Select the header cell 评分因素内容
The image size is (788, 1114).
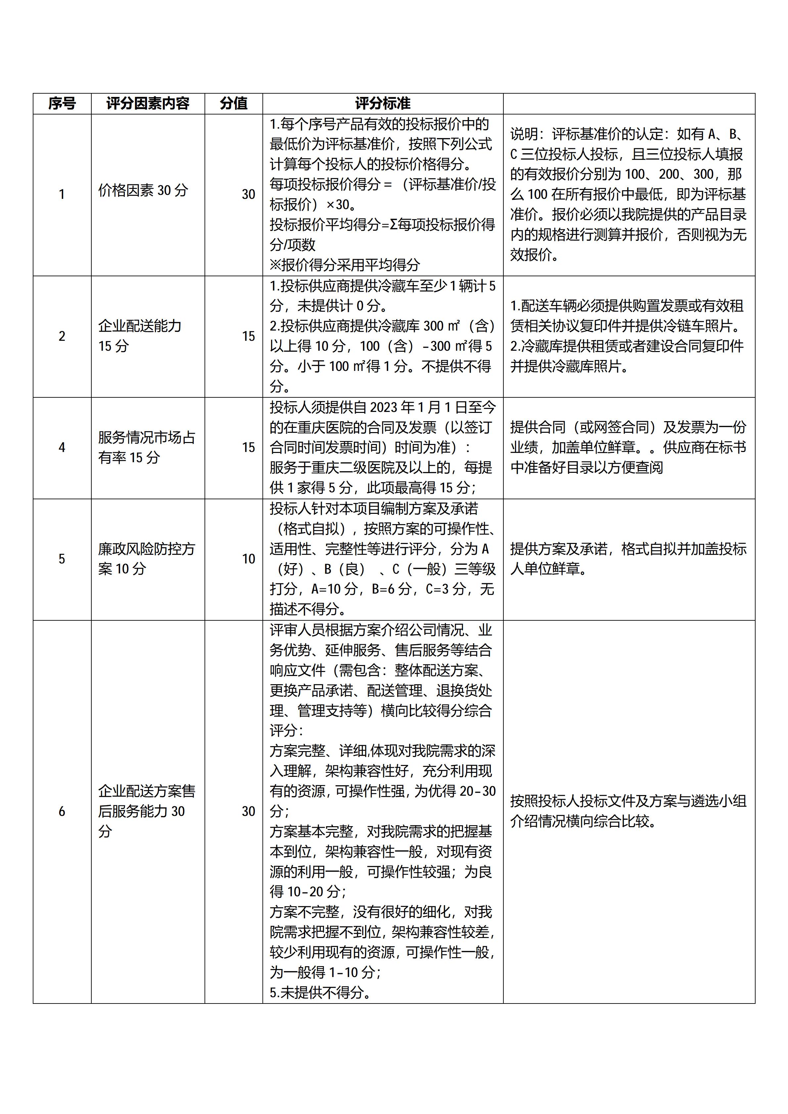(148, 103)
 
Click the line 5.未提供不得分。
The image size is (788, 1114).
(320, 993)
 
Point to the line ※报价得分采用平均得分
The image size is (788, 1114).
(345, 265)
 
